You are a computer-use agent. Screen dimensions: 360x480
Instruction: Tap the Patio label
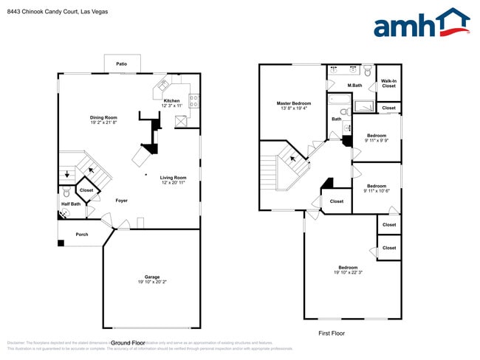point(121,64)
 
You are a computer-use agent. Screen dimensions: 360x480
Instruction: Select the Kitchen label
point(171,100)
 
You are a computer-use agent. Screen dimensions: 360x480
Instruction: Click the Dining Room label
point(103,117)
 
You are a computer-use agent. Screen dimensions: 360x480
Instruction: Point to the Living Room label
point(173,177)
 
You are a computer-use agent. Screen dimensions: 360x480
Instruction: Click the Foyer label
point(121,200)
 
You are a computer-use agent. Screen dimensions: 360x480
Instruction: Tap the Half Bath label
point(71,204)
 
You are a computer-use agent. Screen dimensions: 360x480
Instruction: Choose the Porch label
point(82,235)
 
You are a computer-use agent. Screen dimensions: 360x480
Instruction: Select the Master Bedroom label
point(294,103)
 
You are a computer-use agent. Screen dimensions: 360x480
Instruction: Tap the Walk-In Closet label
point(388,83)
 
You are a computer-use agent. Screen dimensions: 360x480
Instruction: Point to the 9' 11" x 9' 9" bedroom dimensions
point(377,141)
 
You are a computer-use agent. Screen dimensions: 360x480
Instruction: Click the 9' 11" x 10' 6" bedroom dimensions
point(377,191)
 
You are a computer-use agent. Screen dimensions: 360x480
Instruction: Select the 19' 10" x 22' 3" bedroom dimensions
point(348,272)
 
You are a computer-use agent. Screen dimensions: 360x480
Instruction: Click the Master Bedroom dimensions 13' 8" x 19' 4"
point(294,109)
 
